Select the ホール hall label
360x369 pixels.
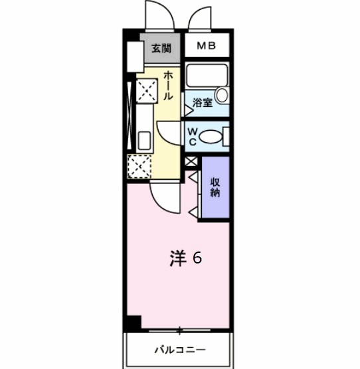pos(168,86)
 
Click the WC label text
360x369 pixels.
pos(191,136)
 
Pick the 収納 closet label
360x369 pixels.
pos(215,188)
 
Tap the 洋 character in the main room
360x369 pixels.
pos(176,258)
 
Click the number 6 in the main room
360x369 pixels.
pos(197,258)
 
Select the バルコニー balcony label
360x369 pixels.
pos(180,348)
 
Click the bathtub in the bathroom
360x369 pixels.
pos(205,75)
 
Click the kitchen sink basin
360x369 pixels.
pos(143,141)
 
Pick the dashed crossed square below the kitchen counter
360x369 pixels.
pos(139,165)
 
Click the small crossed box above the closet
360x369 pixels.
pos(191,161)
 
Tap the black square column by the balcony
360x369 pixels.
pos(134,323)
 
